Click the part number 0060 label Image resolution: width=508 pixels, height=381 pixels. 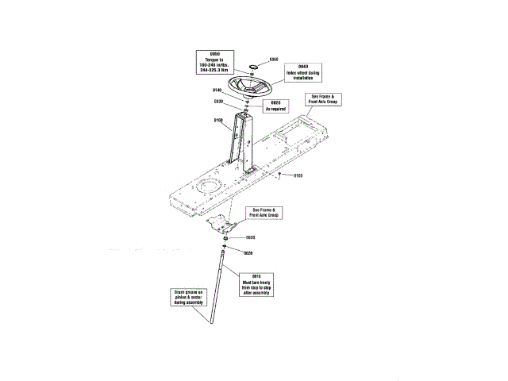pyautogui.click(x=274, y=59)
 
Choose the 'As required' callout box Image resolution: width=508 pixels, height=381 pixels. pyautogui.click(x=275, y=105)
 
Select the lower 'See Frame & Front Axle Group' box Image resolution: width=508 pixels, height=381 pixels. pyautogui.click(x=264, y=213)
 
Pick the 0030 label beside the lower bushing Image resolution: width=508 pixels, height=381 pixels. pyautogui.click(x=249, y=237)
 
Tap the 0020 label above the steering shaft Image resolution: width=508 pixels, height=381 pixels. pyautogui.click(x=248, y=253)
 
